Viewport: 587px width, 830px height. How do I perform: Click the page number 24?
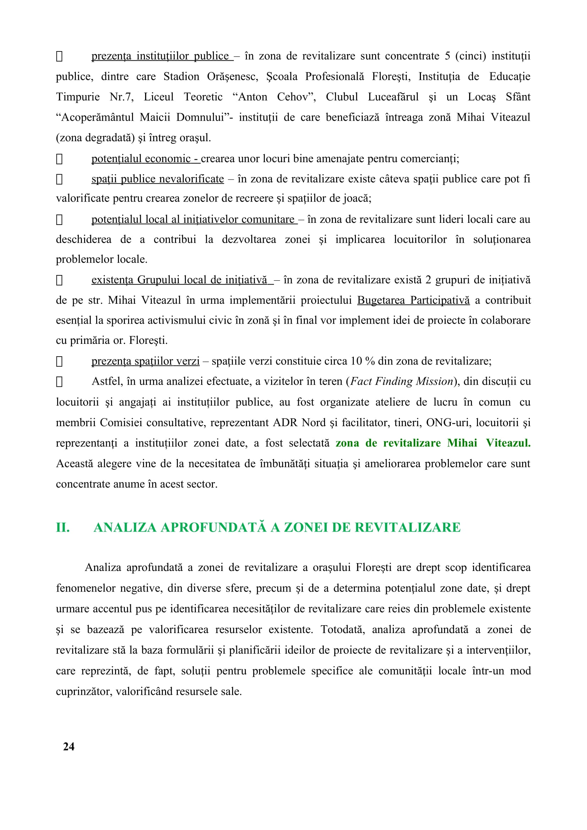(69, 746)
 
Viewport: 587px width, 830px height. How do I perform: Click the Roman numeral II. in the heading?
(63, 527)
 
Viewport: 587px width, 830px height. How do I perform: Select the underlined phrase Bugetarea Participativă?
(413, 300)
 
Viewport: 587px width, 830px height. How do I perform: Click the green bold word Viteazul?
(508, 443)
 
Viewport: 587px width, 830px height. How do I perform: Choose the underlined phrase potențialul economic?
(141, 158)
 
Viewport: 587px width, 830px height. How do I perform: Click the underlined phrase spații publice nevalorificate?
(158, 178)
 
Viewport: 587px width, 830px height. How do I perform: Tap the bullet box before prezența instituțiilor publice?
(59, 56)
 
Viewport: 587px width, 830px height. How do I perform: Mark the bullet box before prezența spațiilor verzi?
(59, 361)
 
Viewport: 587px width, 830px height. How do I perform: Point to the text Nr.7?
(121, 97)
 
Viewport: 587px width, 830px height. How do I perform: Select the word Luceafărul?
(393, 97)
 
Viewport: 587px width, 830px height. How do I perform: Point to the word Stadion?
(181, 77)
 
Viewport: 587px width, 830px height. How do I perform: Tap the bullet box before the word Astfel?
(59, 382)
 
